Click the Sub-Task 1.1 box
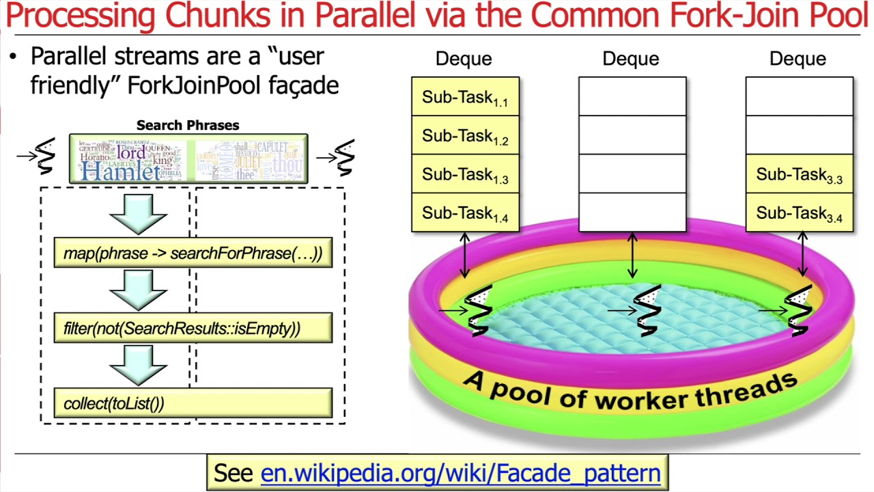(465, 97)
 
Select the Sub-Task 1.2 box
(465, 135)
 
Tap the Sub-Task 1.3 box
(465, 174)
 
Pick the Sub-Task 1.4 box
(465, 213)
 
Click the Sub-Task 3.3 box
(799, 174)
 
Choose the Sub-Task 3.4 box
(799, 213)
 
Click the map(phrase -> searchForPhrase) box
(193, 253)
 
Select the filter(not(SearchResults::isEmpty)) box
(193, 328)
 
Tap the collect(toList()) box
(193, 403)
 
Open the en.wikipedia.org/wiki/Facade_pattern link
(460, 473)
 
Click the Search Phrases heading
(188, 125)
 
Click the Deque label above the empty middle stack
(631, 59)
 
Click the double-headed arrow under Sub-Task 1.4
(465, 256)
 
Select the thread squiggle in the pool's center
(647, 311)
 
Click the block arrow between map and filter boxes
(139, 290)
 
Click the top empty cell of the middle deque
(632, 96)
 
